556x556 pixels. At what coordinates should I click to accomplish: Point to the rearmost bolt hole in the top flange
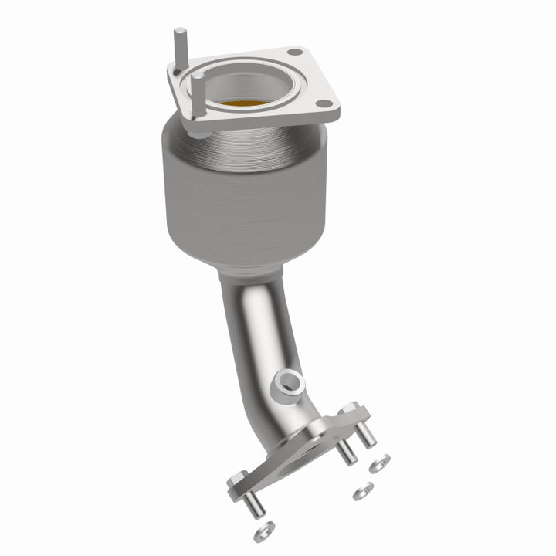coord(293,53)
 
